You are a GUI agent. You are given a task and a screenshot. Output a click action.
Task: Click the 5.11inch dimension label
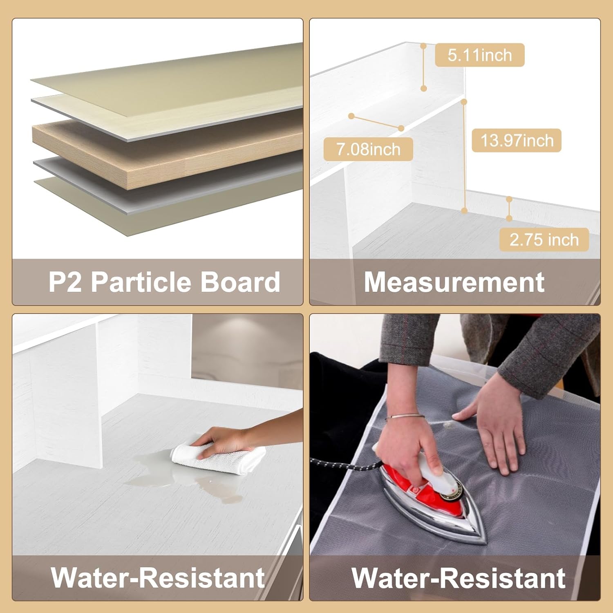click(479, 55)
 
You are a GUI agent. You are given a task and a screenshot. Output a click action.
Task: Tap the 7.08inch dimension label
click(368, 149)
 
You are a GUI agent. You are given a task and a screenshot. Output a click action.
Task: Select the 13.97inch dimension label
click(517, 141)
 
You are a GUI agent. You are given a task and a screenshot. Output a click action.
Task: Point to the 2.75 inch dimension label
click(544, 239)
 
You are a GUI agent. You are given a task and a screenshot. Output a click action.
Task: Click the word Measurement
click(454, 282)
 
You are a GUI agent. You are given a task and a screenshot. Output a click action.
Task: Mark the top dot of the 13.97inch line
click(464, 101)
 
